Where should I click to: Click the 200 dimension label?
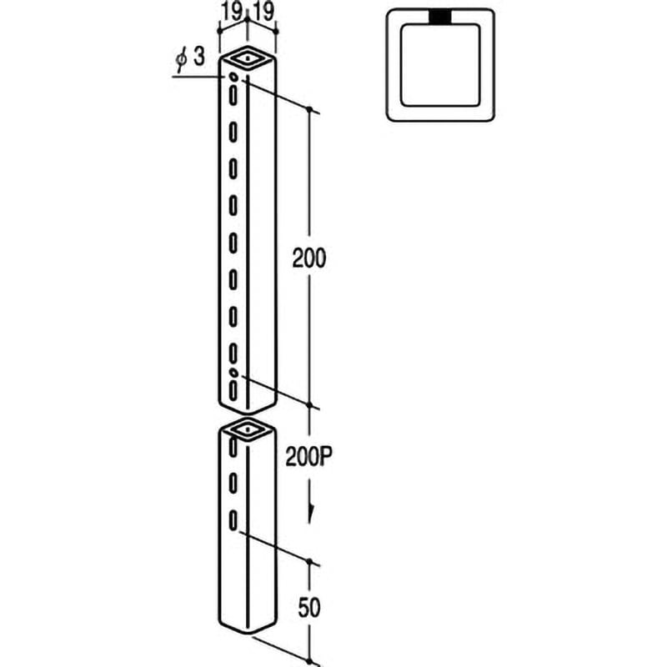pos(308,258)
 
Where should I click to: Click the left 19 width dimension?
pos(232,11)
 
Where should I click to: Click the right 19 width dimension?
pos(264,11)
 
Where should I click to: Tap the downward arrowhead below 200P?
pos(310,515)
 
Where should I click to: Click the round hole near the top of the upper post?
pos(233,77)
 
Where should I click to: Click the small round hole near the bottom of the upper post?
pos(234,371)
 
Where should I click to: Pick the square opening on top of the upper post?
pos(247,58)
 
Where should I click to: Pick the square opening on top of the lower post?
pos(247,430)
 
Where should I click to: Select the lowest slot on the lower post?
pos(234,520)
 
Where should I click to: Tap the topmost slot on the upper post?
pos(233,95)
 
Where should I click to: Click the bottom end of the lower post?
pos(247,628)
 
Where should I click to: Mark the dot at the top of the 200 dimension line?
pos(309,110)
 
